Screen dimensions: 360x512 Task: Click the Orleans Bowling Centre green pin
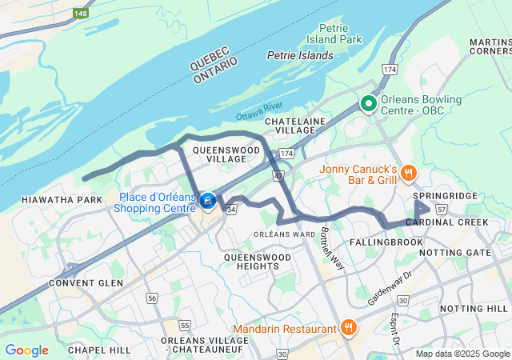368,103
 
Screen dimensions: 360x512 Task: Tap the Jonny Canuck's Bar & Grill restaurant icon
408,173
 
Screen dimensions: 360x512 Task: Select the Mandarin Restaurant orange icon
348,328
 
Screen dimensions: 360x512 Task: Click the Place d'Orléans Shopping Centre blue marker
208,201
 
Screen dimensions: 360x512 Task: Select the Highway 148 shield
81,13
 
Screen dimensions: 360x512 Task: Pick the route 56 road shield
152,298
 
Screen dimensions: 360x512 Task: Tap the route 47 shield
278,174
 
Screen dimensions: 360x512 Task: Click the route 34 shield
230,210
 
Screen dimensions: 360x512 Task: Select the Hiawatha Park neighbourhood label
51,199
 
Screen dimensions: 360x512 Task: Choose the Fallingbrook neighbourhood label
386,241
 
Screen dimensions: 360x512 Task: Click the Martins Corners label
490,46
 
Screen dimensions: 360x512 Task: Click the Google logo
26,350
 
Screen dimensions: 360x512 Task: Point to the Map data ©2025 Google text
462,354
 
